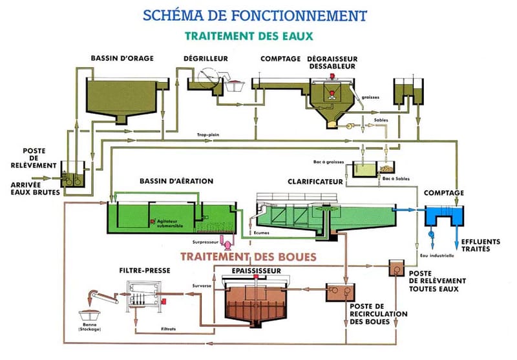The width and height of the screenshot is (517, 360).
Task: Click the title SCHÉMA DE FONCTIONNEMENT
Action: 257,15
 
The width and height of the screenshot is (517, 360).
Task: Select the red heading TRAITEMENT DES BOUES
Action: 248,257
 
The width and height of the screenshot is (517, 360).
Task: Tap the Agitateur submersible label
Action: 173,223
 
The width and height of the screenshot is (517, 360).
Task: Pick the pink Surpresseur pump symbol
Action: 227,241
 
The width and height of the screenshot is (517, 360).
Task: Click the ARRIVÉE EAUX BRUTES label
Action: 32,189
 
